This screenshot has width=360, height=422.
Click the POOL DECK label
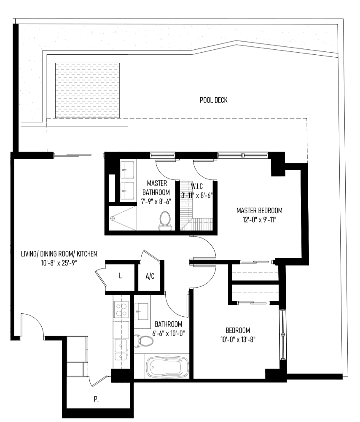pyautogui.click(x=213, y=100)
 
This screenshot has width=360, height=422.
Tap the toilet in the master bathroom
pyautogui.click(x=165, y=220)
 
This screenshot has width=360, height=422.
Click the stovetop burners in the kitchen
pyautogui.click(x=121, y=310)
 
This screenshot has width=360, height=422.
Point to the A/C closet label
pyautogui.click(x=150, y=276)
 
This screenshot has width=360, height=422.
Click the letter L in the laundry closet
pyautogui.click(x=120, y=275)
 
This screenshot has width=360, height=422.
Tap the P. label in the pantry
pyautogui.click(x=96, y=399)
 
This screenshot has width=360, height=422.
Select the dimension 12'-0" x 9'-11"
pyautogui.click(x=259, y=220)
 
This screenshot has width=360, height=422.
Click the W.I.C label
pyautogui.click(x=197, y=186)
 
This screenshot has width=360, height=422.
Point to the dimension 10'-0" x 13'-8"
pyautogui.click(x=238, y=339)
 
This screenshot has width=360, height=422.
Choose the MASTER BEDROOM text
pyautogui.click(x=259, y=211)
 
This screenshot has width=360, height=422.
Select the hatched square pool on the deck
pyautogui.click(x=87, y=91)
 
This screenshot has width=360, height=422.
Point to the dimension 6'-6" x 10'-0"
pyautogui.click(x=168, y=334)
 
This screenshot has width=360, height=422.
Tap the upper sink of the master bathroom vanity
pyautogui.click(x=127, y=170)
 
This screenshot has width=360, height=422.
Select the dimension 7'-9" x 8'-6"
pyautogui.click(x=156, y=201)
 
